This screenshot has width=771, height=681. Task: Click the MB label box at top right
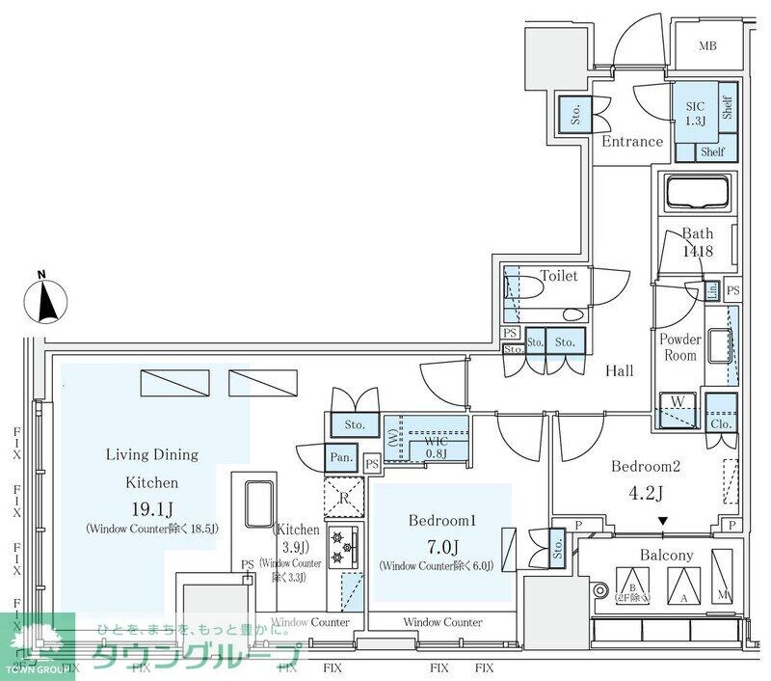pos(707,45)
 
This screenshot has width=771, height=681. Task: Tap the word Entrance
pos(632,141)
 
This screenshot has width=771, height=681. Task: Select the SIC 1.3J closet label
pos(696,114)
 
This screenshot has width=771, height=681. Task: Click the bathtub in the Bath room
pos(697,193)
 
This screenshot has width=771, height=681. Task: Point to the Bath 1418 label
pos(697,242)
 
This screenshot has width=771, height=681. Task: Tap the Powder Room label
pos(679,347)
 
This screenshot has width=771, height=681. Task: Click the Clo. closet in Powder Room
pos(720,412)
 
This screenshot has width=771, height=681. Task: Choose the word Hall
pos(619,370)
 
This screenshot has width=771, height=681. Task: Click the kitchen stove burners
pos(339,546)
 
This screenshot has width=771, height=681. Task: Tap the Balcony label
pos(666,555)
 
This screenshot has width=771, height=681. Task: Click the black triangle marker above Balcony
pos(662,522)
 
